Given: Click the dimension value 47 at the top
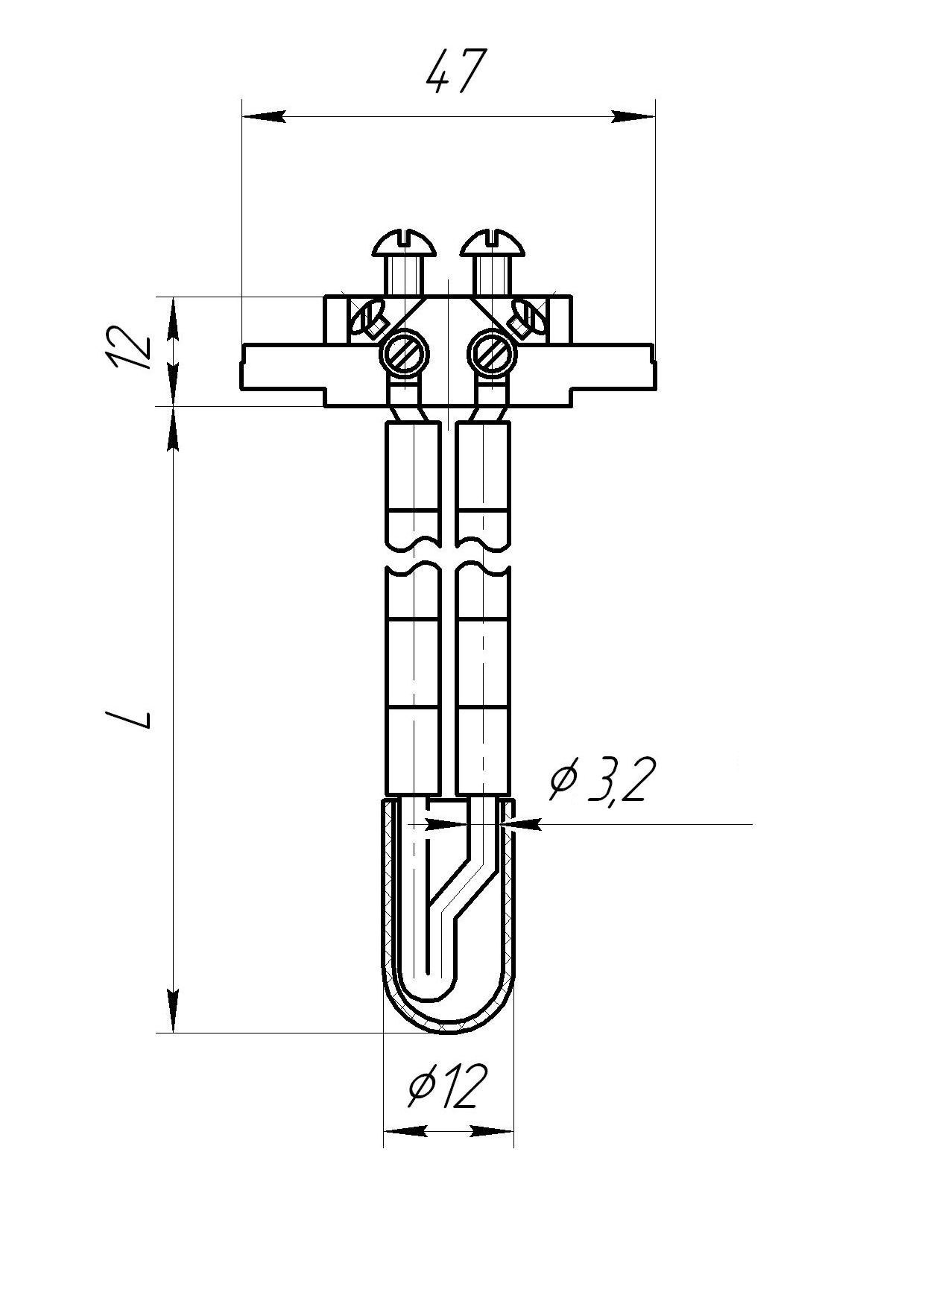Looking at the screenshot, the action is point(456,72).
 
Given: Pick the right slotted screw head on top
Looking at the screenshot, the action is point(494,243).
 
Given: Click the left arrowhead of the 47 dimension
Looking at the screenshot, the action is point(265,117).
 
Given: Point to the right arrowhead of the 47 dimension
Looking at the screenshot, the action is point(633,117).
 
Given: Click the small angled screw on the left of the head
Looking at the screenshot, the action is point(367,317).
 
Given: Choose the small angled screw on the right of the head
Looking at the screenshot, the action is point(529,317).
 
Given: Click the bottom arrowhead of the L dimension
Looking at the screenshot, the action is point(173,1012).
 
